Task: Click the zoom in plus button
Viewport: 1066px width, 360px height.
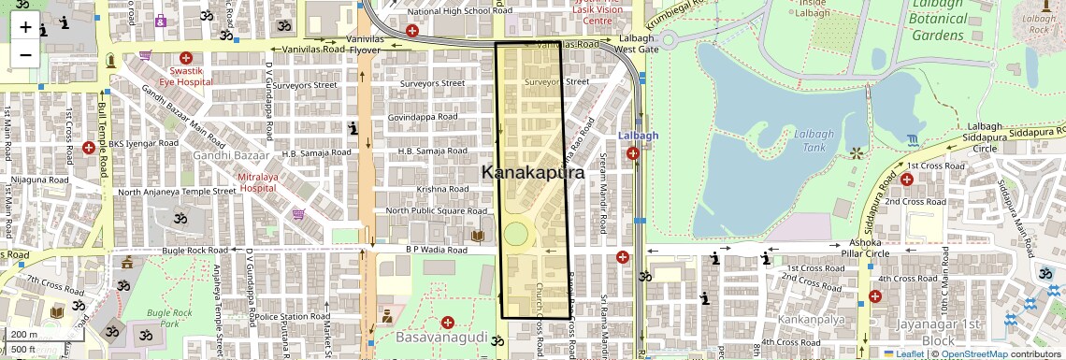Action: (25, 26)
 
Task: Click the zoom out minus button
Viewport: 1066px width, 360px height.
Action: (25, 54)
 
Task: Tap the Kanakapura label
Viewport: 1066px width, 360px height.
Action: (532, 173)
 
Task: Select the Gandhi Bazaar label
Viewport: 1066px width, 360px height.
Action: (231, 155)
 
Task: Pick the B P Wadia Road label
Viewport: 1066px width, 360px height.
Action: (436, 251)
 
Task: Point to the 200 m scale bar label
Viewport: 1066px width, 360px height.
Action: (25, 334)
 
